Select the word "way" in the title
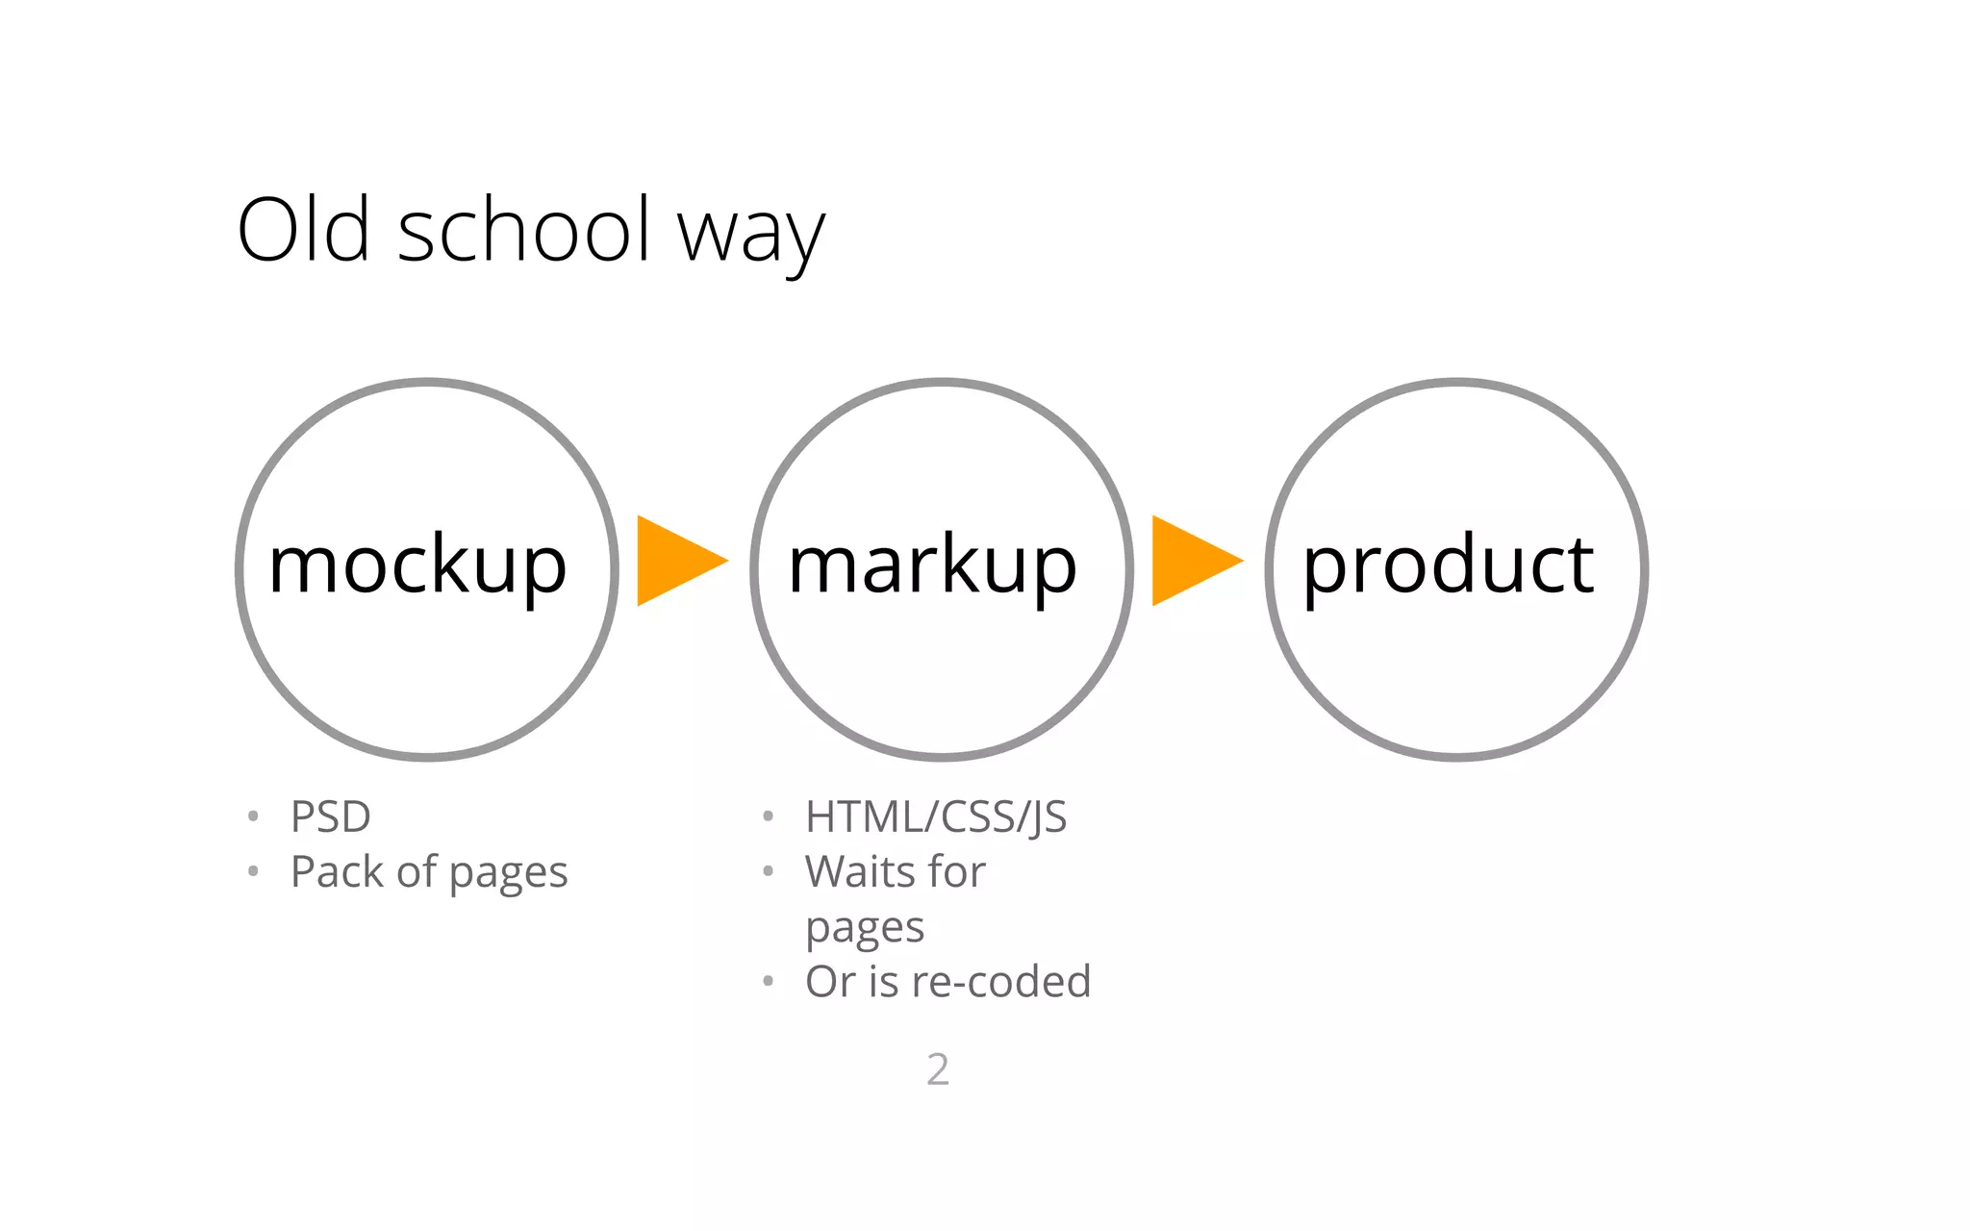tap(750, 236)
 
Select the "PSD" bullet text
tap(330, 816)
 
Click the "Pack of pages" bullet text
tap(429, 872)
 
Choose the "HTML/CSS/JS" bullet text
tap(936, 816)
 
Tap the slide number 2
tap(938, 1069)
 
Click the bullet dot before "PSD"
tap(253, 816)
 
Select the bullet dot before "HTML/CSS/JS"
tap(768, 816)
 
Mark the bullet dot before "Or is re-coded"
tap(768, 982)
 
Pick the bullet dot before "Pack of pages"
tap(253, 872)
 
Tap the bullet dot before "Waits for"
tap(768, 872)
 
